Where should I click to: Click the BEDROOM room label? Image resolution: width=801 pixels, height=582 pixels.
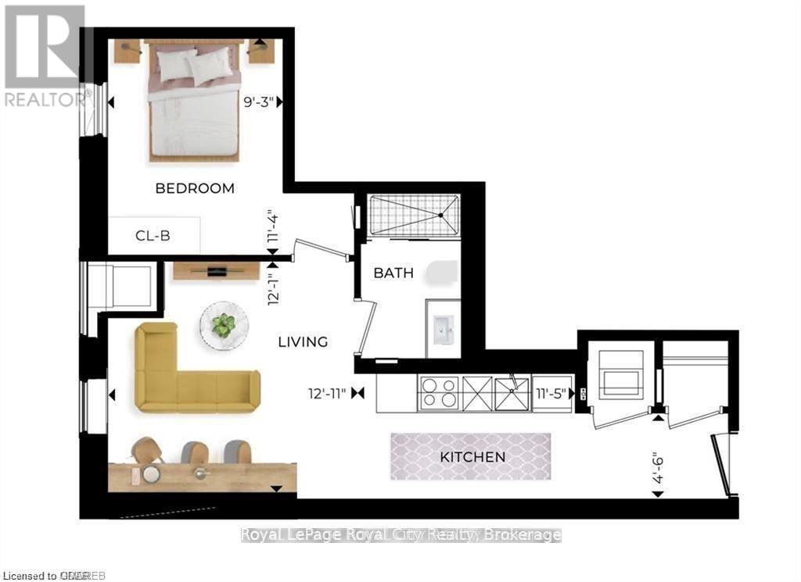[x=194, y=188]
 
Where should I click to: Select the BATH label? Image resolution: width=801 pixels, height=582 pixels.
[x=393, y=274]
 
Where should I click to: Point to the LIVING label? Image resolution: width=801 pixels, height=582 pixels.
[x=304, y=342]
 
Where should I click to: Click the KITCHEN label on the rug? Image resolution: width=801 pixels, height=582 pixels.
[x=472, y=457]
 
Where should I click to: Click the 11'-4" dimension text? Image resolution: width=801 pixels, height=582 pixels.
[x=273, y=229]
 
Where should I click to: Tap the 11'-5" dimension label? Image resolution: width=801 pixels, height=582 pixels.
[x=552, y=393]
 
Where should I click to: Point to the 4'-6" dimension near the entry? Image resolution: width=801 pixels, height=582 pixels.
[x=659, y=466]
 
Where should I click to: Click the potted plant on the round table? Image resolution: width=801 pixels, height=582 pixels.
[x=224, y=325]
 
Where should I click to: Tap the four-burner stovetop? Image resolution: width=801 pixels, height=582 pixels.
[x=439, y=393]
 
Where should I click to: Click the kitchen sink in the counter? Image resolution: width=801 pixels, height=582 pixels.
[x=512, y=393]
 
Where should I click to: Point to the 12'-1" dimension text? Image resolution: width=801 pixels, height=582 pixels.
[x=273, y=288]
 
